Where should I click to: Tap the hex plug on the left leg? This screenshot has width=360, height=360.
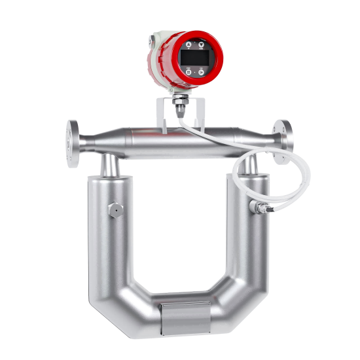coord(115,209)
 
